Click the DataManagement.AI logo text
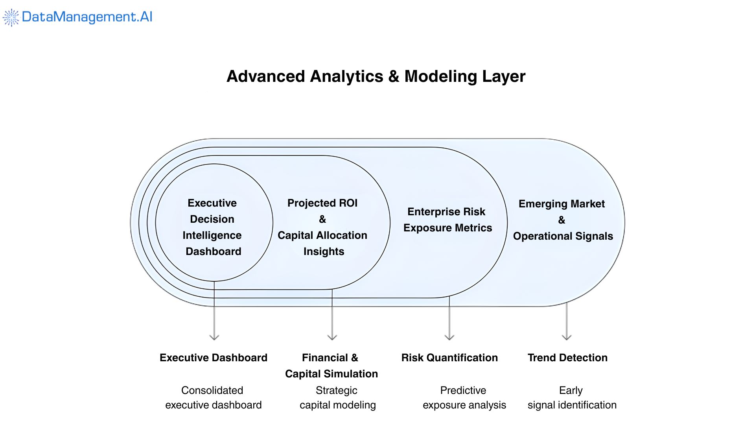coord(87,17)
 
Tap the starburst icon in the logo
coord(11,17)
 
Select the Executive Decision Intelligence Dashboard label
coord(212,227)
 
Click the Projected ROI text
coord(322,203)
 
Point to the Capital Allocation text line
coord(322,235)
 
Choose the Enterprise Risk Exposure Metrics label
coord(447,220)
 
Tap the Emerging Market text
coord(562,204)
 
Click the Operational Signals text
coord(563,236)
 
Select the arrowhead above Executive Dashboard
coord(214,337)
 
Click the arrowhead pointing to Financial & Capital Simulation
coord(332,337)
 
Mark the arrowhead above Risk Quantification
coord(449,337)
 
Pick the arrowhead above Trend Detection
coord(567,337)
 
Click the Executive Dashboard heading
coord(214,358)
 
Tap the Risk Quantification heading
coord(449,358)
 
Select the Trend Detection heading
coord(567,358)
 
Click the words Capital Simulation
coord(331,374)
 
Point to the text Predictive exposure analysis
coord(464,398)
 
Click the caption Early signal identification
coord(572,398)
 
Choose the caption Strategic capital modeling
coord(337,398)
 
